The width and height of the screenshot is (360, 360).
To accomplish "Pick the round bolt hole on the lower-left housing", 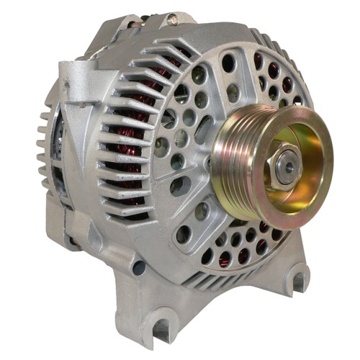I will pos(138,267).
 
